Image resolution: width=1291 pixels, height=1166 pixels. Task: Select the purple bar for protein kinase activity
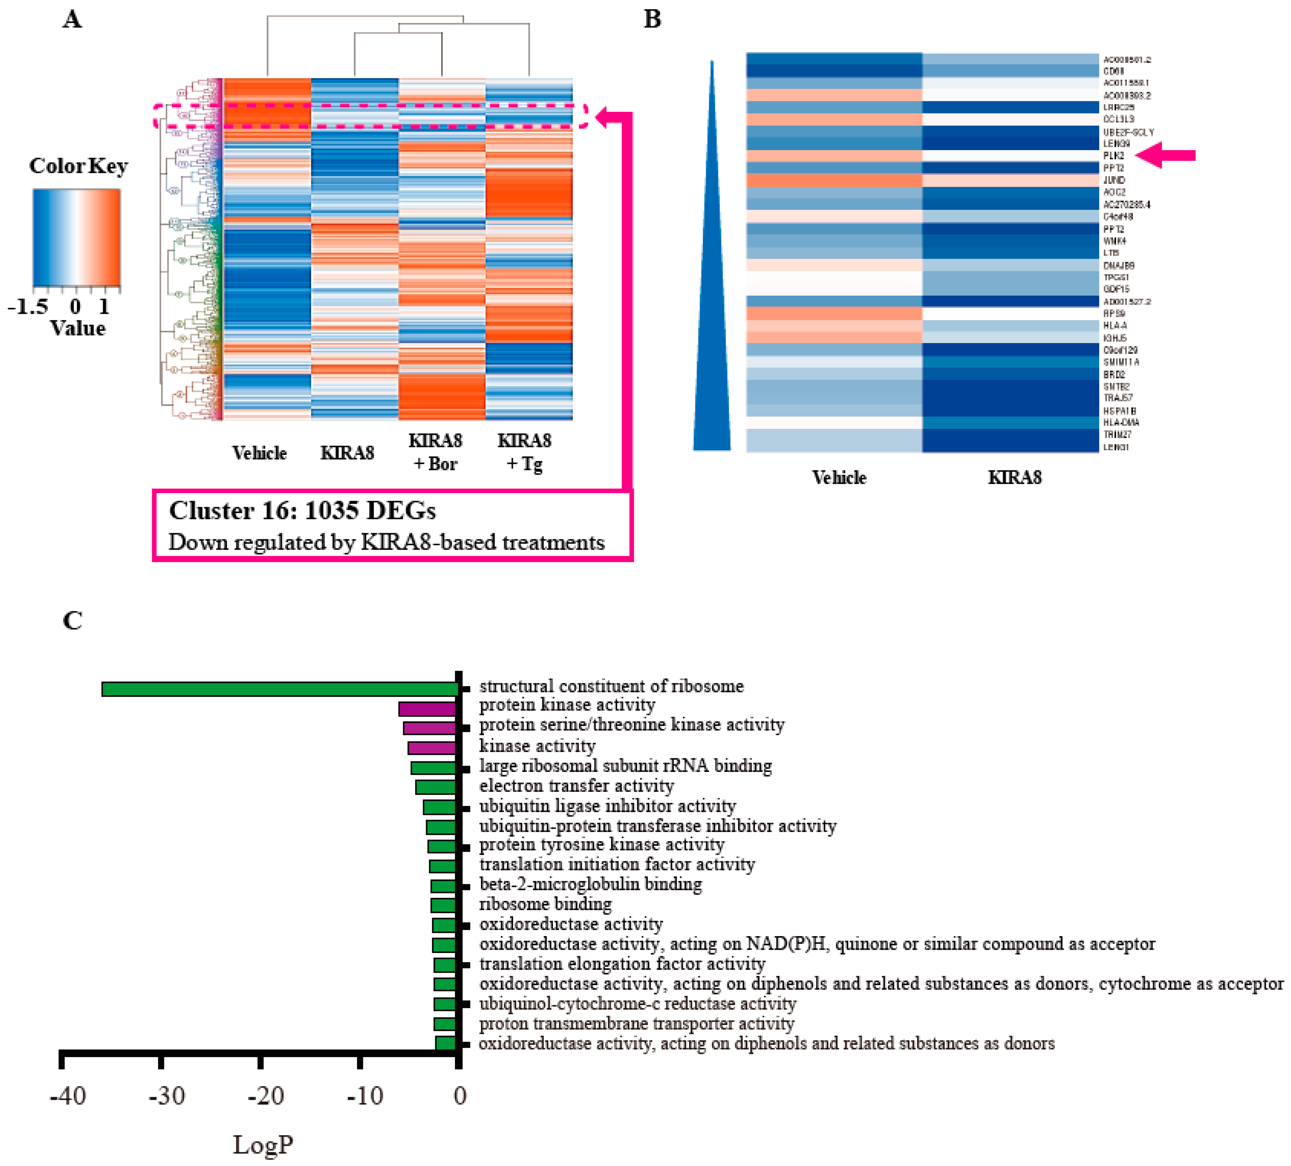427,709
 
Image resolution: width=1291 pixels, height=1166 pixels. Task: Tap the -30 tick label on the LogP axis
167,1096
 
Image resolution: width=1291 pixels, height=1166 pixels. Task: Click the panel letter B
652,19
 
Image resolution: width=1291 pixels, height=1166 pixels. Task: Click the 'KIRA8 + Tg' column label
524,452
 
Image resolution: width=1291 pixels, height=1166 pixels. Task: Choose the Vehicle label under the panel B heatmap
839,477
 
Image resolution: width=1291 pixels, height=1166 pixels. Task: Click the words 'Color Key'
78,166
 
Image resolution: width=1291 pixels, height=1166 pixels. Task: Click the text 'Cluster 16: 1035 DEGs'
302,511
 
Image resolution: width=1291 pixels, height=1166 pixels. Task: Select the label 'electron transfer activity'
576,785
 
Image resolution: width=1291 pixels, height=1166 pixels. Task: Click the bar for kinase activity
432,748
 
